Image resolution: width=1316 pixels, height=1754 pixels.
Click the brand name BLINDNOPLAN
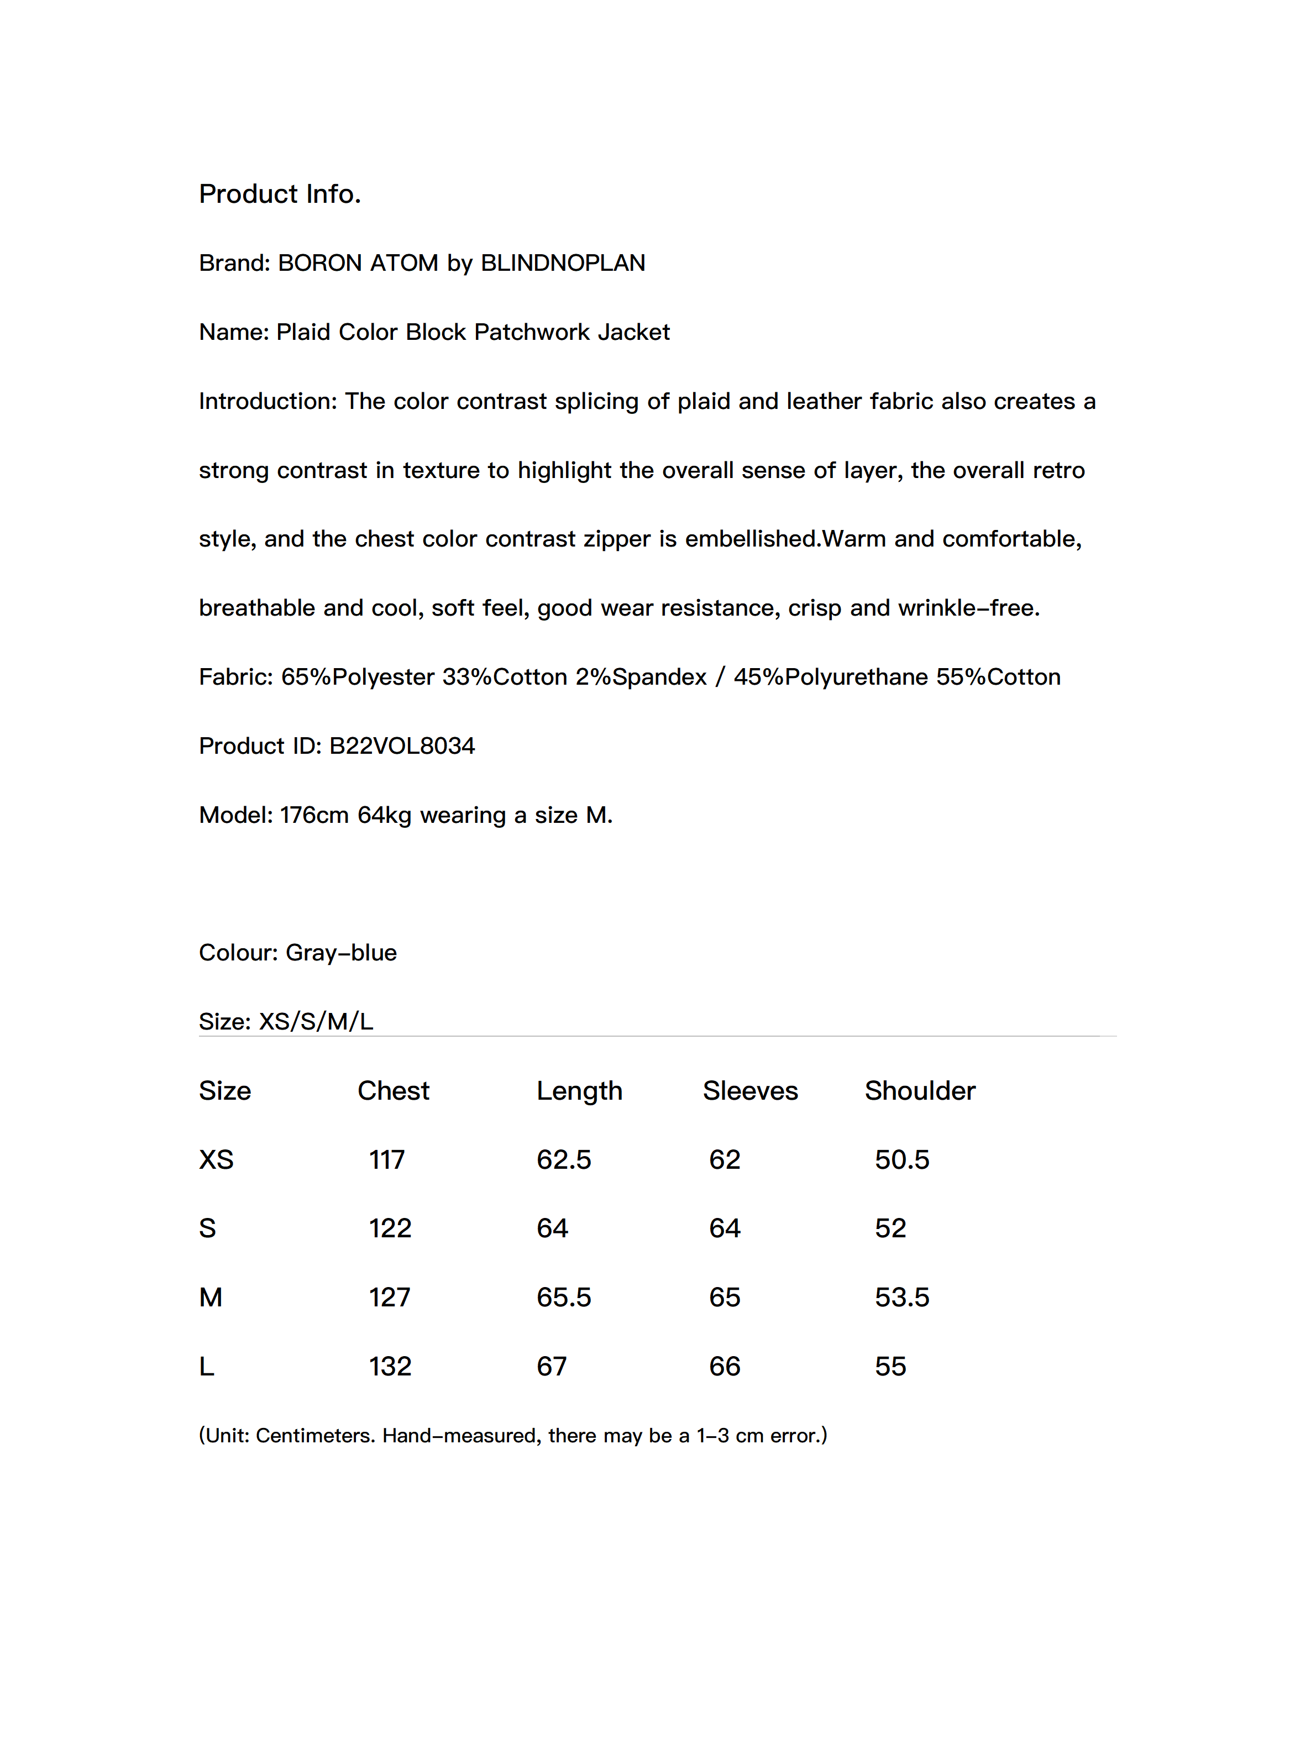(563, 262)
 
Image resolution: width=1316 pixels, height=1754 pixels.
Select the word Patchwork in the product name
(532, 332)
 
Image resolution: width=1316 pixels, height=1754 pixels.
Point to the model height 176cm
(314, 815)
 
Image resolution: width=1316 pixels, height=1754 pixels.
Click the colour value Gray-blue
(341, 952)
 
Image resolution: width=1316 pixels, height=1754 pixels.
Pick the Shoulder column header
(919, 1090)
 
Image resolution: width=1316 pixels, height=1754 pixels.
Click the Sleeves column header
(749, 1090)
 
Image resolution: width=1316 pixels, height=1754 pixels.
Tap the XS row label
(216, 1159)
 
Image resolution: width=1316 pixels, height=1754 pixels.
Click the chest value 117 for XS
(386, 1159)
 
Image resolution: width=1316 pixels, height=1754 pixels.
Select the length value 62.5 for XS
(563, 1159)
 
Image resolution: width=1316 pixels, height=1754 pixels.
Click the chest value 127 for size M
(390, 1296)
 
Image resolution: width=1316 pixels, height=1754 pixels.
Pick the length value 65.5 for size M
(563, 1296)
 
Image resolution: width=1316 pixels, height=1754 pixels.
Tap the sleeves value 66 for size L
(724, 1366)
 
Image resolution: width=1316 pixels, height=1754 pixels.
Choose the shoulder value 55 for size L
(890, 1366)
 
